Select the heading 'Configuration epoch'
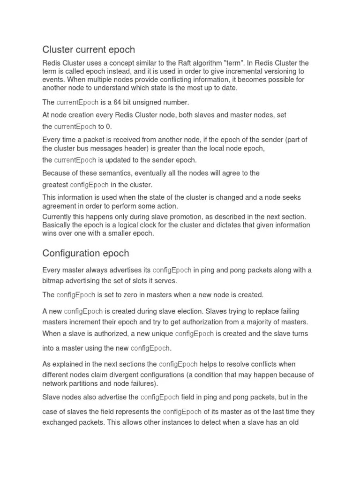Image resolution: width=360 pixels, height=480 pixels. pyautogui.click(x=86, y=253)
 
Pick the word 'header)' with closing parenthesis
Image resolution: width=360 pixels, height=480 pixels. pyautogui.click(x=141, y=149)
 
